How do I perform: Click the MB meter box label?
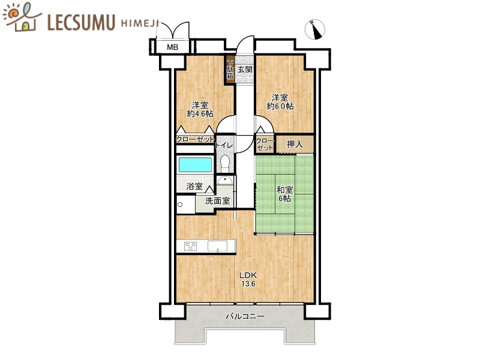click(172, 47)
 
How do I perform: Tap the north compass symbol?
click(315, 29)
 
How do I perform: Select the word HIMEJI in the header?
click(140, 23)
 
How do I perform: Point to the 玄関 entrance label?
click(245, 70)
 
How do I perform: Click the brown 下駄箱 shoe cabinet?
click(230, 70)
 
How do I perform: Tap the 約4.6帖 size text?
click(200, 114)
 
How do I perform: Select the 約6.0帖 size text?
click(280, 106)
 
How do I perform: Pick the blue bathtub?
click(196, 164)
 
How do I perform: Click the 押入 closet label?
click(295, 144)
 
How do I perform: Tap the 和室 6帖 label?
click(284, 194)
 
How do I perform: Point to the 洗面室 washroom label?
click(217, 201)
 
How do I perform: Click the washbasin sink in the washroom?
click(225, 180)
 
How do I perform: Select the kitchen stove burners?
click(190, 246)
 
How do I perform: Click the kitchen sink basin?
click(217, 246)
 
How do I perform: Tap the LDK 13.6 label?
click(248, 279)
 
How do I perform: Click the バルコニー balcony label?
click(245, 316)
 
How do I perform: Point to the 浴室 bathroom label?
click(194, 186)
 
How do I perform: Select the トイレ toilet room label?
click(224, 145)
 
